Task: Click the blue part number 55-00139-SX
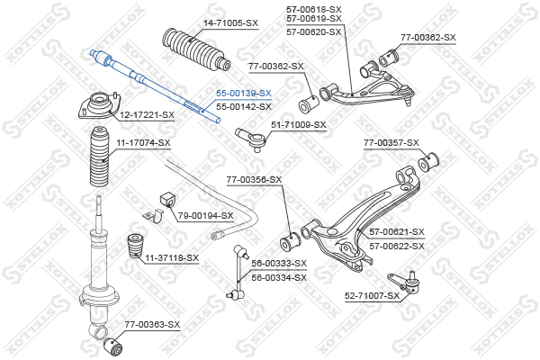(x=244, y=93)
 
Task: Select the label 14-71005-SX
(x=230, y=23)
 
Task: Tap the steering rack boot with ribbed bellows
(x=195, y=50)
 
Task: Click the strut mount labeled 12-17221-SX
(x=100, y=106)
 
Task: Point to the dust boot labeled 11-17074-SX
(x=99, y=157)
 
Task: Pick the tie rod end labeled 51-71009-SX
(x=250, y=139)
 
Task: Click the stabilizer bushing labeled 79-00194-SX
(x=167, y=200)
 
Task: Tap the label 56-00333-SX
(x=279, y=264)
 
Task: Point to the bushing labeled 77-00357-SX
(x=428, y=161)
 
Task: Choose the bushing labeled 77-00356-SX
(x=290, y=241)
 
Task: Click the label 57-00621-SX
(x=397, y=232)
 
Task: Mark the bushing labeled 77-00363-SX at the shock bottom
(x=113, y=346)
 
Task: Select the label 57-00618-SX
(x=314, y=9)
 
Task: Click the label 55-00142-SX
(x=244, y=107)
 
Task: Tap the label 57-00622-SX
(x=397, y=247)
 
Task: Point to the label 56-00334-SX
(x=279, y=278)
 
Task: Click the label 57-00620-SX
(x=314, y=32)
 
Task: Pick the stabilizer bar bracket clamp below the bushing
(x=153, y=216)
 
